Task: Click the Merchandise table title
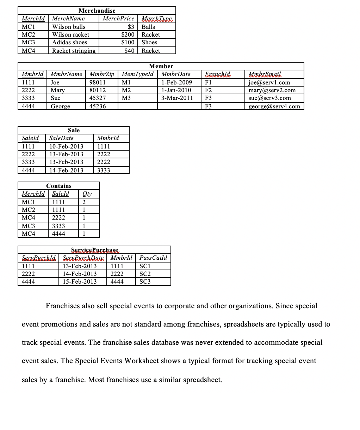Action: [97, 11]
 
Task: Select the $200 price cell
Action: [128, 34]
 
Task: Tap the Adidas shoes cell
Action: [69, 42]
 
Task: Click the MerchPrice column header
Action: [118, 18]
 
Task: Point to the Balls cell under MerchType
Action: [148, 27]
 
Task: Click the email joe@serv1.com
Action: [269, 82]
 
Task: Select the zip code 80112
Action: [98, 90]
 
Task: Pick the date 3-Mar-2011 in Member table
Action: [177, 98]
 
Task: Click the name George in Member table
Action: [60, 106]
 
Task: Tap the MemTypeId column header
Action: [137, 74]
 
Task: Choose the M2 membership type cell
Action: [126, 90]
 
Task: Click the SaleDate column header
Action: [61, 138]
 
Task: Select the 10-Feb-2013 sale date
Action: [66, 146]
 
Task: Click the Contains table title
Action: [59, 186]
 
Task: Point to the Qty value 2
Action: [84, 202]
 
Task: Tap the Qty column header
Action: [87, 194]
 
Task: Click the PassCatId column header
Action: [153, 258]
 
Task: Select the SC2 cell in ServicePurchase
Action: [145, 274]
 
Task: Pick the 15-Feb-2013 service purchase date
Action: [80, 282]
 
